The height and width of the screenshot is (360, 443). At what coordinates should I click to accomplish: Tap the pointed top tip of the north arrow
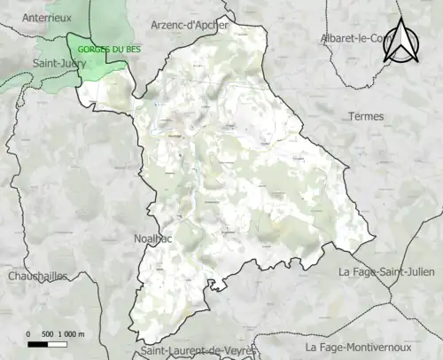402,20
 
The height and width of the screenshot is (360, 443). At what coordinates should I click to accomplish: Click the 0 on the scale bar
28,333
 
